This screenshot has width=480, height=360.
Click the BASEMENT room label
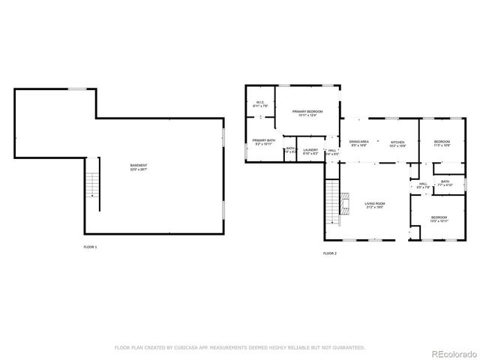tap(139, 166)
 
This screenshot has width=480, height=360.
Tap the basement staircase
tap(93, 184)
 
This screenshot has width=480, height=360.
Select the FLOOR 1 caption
tap(90, 246)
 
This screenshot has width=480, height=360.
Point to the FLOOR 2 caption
tap(330, 254)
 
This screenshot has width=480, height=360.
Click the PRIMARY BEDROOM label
tap(307, 113)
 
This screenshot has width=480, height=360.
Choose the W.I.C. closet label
tap(259, 104)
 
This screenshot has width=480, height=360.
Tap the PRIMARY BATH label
tap(263, 142)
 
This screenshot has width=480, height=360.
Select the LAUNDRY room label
tap(310, 151)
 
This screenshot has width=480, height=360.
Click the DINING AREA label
tap(358, 143)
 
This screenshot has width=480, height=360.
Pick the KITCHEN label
tap(397, 143)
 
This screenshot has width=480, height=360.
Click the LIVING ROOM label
tap(374, 204)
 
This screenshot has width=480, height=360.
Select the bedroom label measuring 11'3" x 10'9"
tap(442, 143)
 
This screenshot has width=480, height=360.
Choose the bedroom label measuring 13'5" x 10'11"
tap(439, 219)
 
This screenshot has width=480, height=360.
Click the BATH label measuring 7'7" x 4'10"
tap(445, 182)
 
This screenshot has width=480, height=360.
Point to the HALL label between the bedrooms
tap(423, 185)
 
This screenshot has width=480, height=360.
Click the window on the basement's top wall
tap(77, 89)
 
